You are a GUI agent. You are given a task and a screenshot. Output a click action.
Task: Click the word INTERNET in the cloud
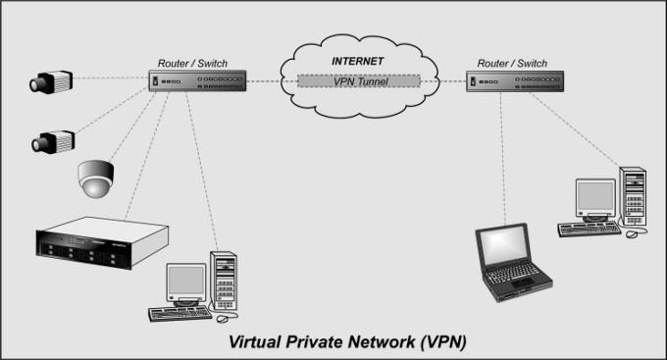point(357,61)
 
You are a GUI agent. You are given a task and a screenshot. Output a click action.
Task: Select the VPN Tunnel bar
point(359,81)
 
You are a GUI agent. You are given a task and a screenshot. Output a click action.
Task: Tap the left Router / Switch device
point(197,80)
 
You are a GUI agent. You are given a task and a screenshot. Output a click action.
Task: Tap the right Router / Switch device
point(515,81)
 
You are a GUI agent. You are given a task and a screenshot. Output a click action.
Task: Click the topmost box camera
point(51,81)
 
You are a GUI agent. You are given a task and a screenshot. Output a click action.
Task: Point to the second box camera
point(53,141)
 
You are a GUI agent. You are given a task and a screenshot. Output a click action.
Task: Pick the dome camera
point(96,179)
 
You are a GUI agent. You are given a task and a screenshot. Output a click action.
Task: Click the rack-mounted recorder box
point(102,242)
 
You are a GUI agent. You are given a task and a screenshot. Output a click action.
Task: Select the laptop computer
point(513,262)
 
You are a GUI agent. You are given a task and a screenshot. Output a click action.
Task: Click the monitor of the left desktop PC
point(186,283)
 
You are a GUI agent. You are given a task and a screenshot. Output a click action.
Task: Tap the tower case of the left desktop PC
point(224,281)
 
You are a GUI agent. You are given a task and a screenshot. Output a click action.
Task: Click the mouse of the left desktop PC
point(223,319)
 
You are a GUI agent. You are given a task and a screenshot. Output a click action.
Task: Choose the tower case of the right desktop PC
point(633,196)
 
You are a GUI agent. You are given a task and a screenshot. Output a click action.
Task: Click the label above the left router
point(192,64)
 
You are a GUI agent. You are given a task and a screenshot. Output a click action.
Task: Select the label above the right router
point(512,64)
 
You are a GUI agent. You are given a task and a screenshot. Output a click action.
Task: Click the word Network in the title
point(382,341)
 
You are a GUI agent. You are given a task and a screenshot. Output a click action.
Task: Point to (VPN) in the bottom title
point(442,342)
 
